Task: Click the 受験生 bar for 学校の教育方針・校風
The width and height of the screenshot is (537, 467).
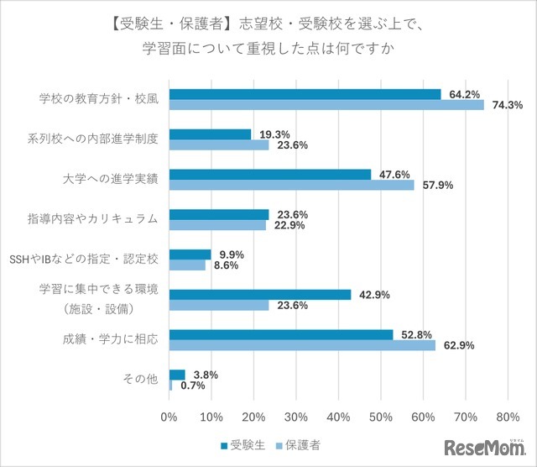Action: coord(305,94)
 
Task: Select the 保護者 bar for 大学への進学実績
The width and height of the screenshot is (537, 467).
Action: coord(292,185)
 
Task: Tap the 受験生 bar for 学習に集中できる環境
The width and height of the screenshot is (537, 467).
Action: coord(260,295)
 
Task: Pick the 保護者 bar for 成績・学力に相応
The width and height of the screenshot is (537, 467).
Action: coord(302,345)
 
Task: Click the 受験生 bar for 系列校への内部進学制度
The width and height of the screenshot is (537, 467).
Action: coord(210,134)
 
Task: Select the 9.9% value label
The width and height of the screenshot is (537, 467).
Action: coord(232,254)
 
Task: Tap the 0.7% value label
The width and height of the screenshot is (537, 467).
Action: coord(194,386)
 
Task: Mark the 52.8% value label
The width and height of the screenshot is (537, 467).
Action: coord(415,334)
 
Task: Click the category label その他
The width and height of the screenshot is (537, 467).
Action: coord(141,380)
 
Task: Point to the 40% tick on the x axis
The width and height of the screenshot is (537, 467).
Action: coord(338,417)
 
